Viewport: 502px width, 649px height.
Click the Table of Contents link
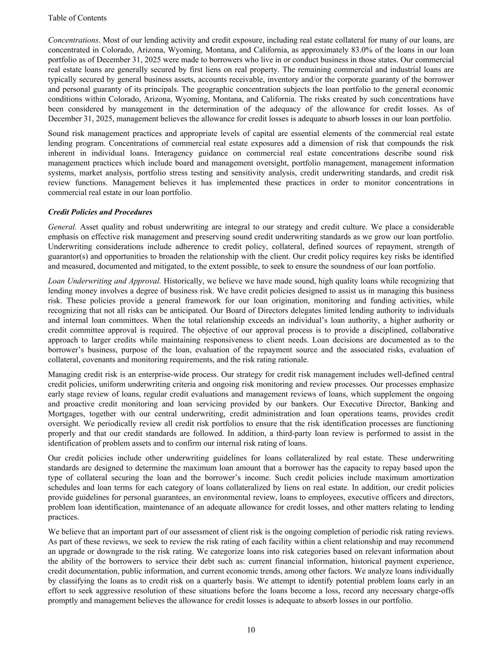coord(77,18)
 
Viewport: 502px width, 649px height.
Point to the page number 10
coord(251,630)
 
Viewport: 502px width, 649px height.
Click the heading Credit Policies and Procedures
coord(100,212)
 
